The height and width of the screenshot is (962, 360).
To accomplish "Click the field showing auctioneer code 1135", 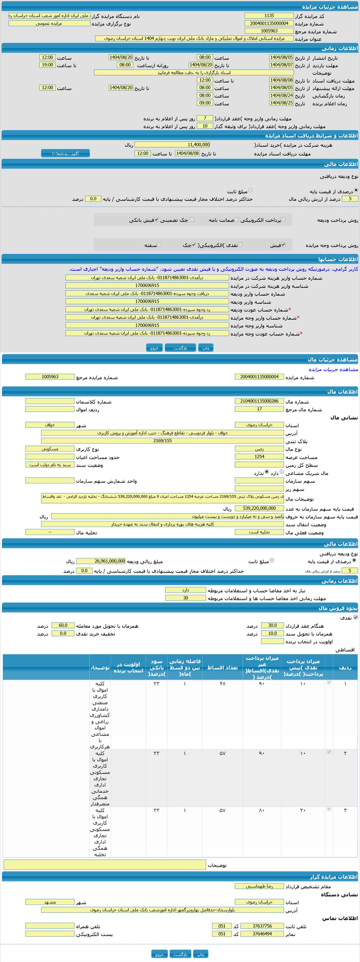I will pyautogui.click(x=269, y=16).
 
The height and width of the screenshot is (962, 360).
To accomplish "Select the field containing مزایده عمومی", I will pyautogui.click(x=49, y=23).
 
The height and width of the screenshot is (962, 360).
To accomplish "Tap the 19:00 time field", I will pyautogui.click(x=47, y=65).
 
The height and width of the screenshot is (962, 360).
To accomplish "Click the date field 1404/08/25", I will pyautogui.click(x=281, y=103).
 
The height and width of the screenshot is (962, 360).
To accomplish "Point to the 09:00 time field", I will pyautogui.click(x=205, y=103).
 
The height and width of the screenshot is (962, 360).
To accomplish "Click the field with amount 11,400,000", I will pyautogui.click(x=172, y=144).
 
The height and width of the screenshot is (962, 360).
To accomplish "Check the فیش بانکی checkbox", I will pyautogui.click(x=157, y=220).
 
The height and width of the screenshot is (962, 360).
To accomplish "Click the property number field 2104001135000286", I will pyautogui.click(x=259, y=401).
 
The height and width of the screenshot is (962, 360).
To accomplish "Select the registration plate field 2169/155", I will pyautogui.click(x=162, y=441).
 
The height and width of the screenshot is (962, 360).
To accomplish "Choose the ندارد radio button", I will pyautogui.click(x=267, y=472).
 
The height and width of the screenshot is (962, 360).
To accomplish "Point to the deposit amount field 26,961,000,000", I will pyautogui.click(x=101, y=561).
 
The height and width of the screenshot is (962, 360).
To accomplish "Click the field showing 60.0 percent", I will pyautogui.click(x=63, y=625).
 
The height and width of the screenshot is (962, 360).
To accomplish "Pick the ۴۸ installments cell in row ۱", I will pyautogui.click(x=222, y=683).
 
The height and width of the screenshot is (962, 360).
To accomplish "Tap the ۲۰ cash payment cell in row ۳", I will pyautogui.click(x=302, y=810).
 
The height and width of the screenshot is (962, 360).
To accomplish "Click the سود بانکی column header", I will pyautogui.click(x=156, y=668).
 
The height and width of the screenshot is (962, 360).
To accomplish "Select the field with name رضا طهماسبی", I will pyautogui.click(x=259, y=886).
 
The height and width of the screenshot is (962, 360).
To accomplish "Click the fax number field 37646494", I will pyautogui.click(x=262, y=933).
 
